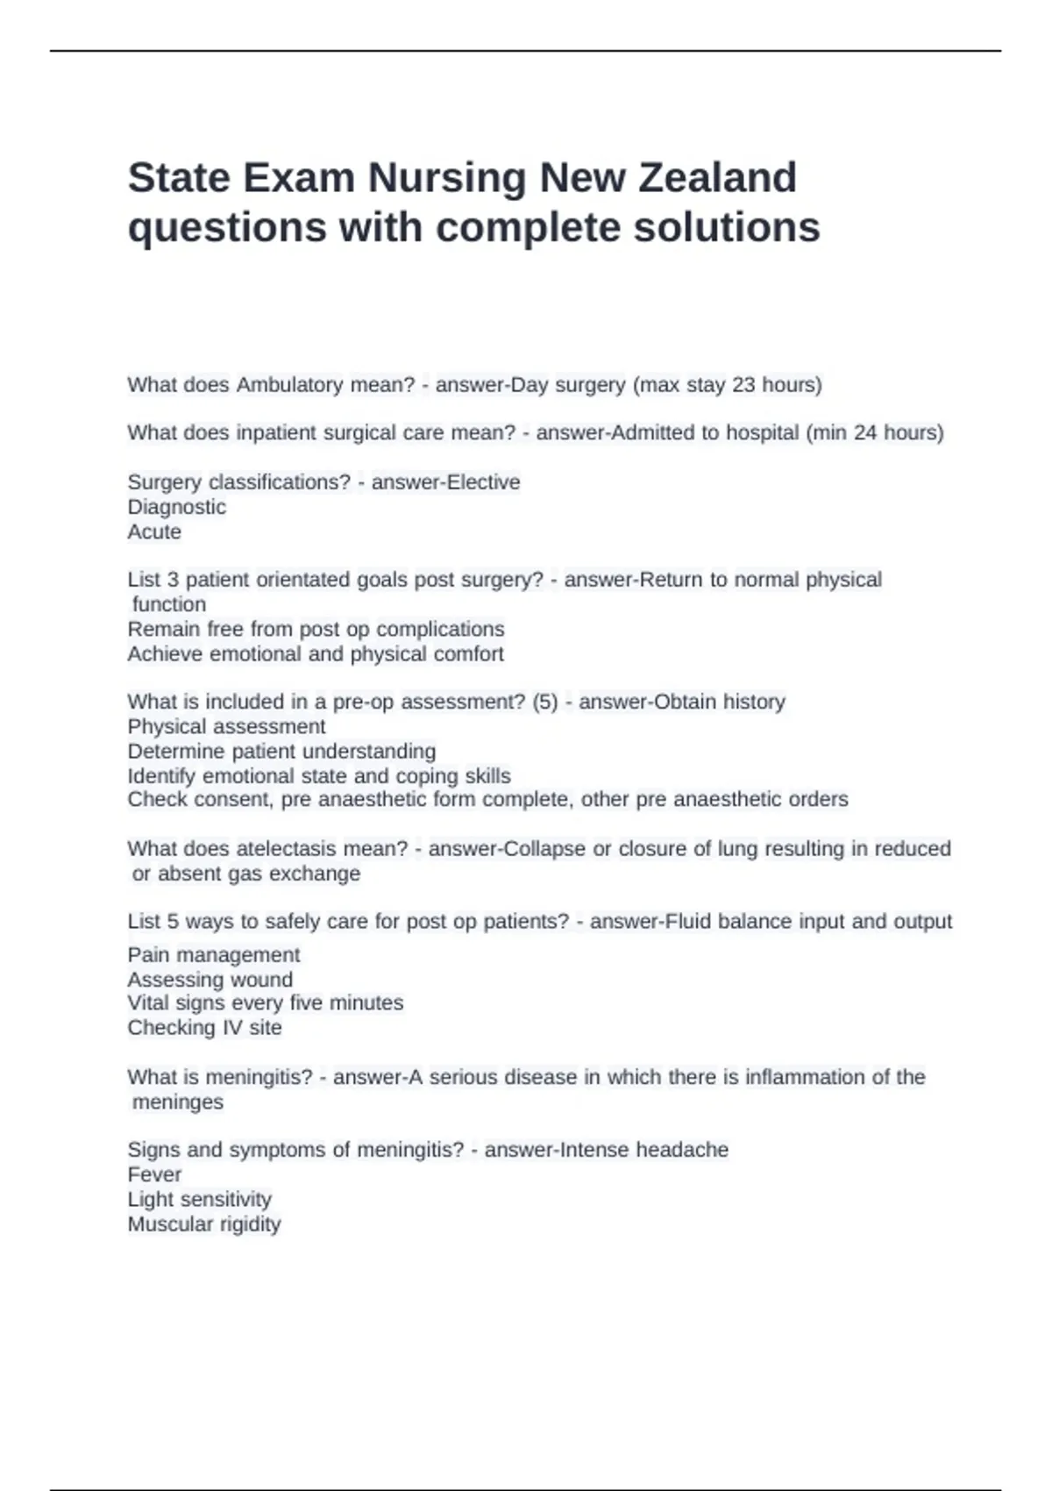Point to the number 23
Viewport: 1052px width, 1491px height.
tap(743, 385)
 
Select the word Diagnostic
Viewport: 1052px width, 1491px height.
tap(177, 507)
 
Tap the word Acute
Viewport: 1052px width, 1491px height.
tap(154, 531)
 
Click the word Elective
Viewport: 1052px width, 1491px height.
tap(484, 482)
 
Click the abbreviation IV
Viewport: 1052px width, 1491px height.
tap(231, 1028)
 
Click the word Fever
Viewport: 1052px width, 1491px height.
tap(154, 1174)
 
